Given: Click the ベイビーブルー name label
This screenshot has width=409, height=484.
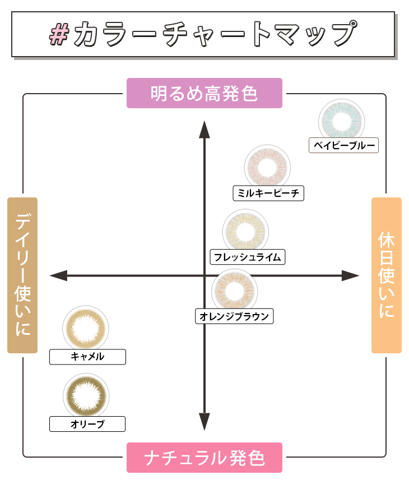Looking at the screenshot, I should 344,146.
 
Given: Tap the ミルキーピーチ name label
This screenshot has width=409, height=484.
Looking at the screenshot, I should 268,193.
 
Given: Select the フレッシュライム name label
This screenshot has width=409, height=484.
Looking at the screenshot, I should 247,257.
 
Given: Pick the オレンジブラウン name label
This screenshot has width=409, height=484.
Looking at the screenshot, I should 234,316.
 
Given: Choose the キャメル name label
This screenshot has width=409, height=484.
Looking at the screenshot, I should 87,357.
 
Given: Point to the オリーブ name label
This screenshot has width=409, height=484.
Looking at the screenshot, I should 87,424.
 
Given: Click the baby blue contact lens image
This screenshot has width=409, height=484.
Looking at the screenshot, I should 342,120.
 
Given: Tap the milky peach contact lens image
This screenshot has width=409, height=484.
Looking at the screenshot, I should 267,168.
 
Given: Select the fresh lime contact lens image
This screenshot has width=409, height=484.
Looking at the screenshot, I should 245,232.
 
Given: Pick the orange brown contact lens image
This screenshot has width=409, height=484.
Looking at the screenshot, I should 234,291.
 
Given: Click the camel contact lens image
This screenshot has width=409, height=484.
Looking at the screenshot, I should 86,329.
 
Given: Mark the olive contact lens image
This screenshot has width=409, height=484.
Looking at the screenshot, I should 86,395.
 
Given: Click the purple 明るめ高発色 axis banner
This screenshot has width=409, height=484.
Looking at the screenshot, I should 204,93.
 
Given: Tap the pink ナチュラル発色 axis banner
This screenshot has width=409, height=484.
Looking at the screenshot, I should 204,458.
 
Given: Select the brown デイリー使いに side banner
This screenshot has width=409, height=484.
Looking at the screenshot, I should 22,275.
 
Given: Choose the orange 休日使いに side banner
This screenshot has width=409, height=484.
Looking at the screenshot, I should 387,275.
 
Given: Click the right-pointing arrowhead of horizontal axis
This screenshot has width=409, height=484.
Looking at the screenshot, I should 351,275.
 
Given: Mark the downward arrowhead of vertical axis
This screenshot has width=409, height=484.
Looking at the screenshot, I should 204,422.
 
